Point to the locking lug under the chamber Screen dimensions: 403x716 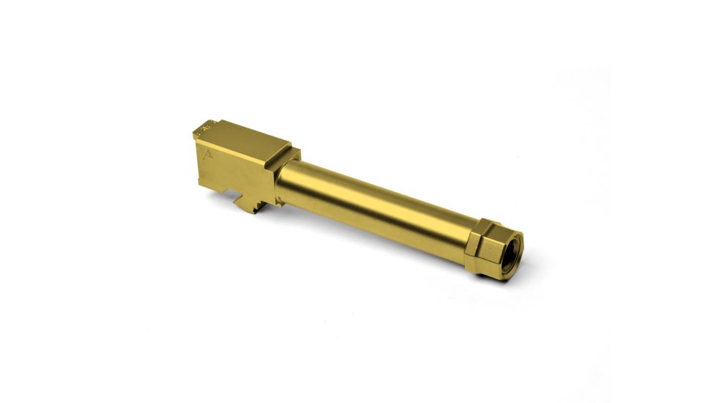(253, 202)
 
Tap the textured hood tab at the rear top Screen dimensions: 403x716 (204, 129)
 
